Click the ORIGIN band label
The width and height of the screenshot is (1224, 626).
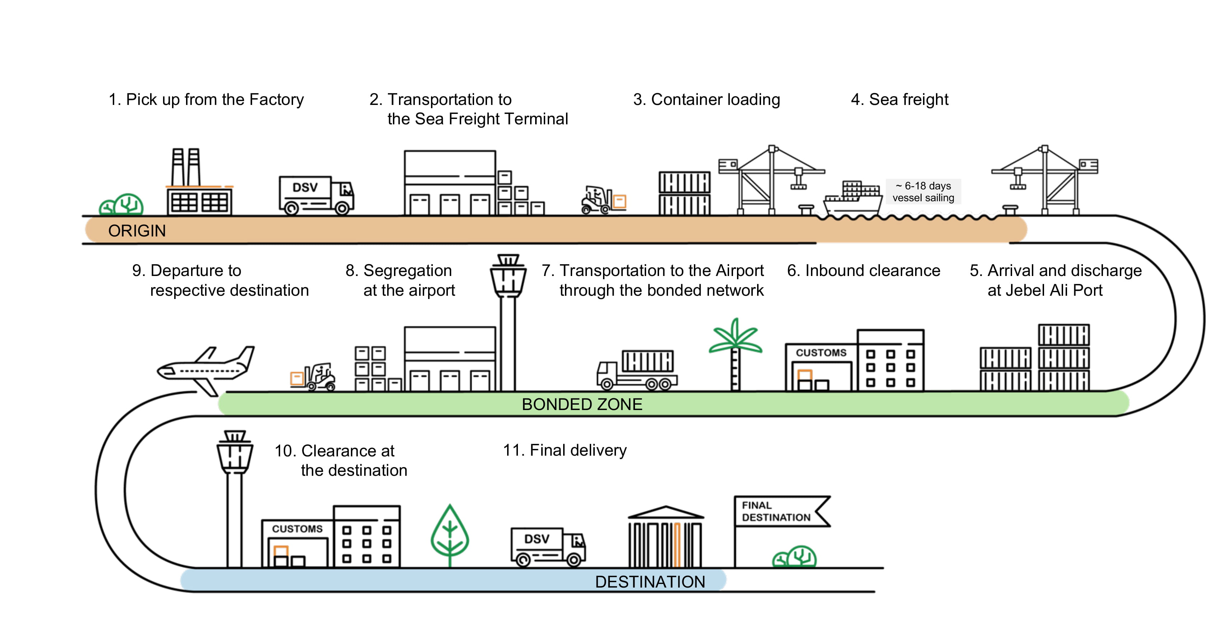pyautogui.click(x=137, y=231)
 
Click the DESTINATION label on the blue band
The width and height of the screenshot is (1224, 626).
pyautogui.click(x=650, y=582)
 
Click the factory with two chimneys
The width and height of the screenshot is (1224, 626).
pyautogui.click(x=199, y=185)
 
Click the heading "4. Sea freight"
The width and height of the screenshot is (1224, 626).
pyautogui.click(x=899, y=100)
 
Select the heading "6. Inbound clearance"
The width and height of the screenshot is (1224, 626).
pyautogui.click(x=863, y=271)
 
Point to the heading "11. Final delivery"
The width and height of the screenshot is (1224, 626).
pyautogui.click(x=565, y=450)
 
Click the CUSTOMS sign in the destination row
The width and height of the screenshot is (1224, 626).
pyautogui.click(x=297, y=529)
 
